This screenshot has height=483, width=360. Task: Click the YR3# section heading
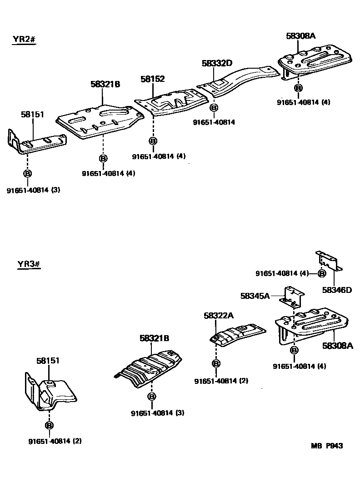(x=29, y=264)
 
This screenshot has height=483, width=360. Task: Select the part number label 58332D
(x=217, y=64)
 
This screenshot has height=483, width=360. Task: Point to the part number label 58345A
(x=255, y=296)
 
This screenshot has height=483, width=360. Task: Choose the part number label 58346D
(x=337, y=290)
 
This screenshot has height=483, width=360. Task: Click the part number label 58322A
(x=219, y=316)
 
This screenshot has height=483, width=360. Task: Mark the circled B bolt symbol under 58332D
(x=214, y=108)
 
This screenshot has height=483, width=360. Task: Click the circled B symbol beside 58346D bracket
(x=321, y=273)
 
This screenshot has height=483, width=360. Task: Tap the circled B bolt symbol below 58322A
(x=216, y=363)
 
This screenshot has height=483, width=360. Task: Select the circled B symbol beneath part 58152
(x=153, y=141)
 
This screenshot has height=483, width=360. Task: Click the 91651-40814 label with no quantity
(x=214, y=122)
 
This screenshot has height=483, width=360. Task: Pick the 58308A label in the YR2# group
(x=300, y=35)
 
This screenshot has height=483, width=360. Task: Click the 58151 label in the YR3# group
(x=48, y=361)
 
